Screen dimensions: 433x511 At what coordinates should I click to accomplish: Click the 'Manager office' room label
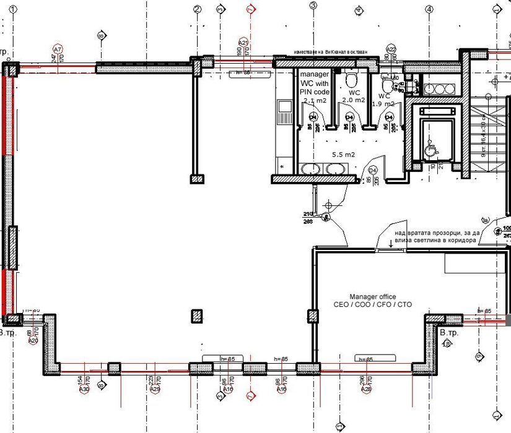(x=372, y=297)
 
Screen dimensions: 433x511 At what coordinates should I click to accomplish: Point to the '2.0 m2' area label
(x=353, y=100)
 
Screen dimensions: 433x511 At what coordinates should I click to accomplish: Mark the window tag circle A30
(x=85, y=389)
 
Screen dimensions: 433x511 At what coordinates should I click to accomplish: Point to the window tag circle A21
(x=243, y=42)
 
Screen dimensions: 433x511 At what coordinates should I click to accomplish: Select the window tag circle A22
(x=391, y=48)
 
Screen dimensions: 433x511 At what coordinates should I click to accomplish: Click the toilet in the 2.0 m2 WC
(x=351, y=79)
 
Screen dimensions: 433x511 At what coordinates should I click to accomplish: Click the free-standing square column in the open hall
(x=197, y=316)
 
